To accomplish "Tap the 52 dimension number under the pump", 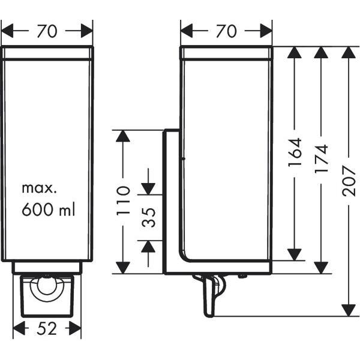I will tap(47, 328).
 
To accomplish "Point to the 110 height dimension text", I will tap(123, 200).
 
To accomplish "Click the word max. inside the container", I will tap(39, 188).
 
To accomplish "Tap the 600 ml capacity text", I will tap(49, 210).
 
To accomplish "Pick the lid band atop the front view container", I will tap(47, 53).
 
